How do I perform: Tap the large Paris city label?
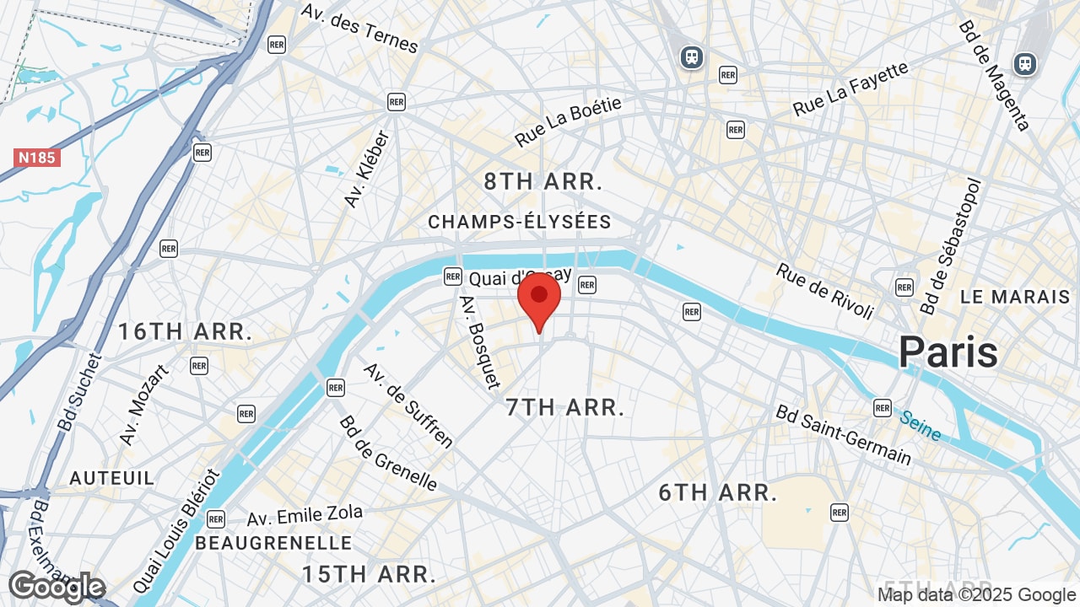(948, 352)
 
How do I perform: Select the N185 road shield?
(37, 158)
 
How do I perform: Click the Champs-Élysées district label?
(519, 222)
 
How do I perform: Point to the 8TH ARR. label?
(543, 181)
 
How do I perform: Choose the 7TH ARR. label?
(564, 408)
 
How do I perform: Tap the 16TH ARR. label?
(185, 331)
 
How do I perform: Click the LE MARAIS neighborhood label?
(1015, 297)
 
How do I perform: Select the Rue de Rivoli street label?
(824, 291)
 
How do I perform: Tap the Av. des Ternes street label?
(359, 27)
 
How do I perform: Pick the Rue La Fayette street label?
(850, 89)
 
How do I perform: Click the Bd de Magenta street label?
(994, 76)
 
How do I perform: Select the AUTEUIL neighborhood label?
(112, 478)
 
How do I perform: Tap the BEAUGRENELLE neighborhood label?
(273, 542)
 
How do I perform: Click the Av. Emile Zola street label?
(305, 514)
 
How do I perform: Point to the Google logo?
(56, 587)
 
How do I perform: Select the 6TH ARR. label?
(718, 493)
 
